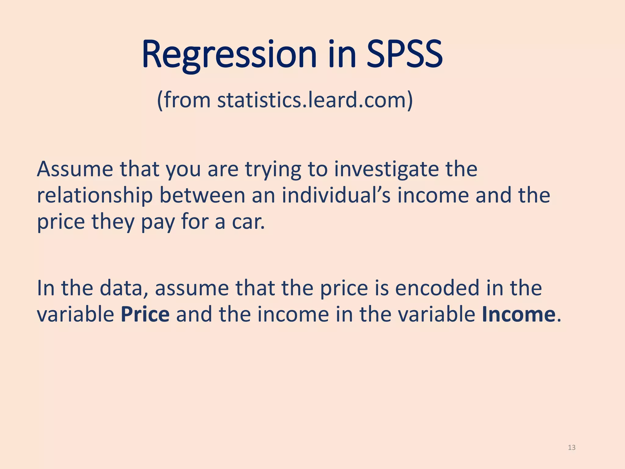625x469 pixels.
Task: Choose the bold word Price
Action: [145, 314]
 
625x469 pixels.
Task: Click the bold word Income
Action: [518, 314]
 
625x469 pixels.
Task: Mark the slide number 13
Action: [572, 448]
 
